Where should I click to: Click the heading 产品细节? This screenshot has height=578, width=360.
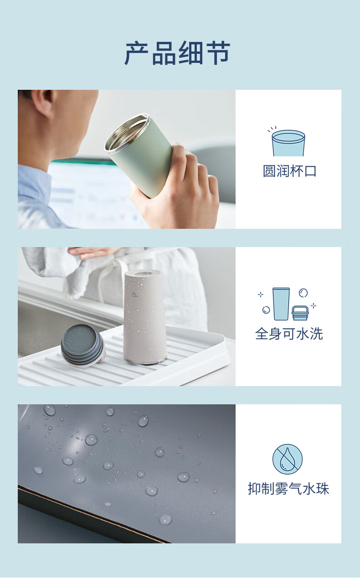[x=177, y=53]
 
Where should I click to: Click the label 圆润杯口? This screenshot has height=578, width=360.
[x=290, y=171]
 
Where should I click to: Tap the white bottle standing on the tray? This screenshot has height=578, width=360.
[x=144, y=316]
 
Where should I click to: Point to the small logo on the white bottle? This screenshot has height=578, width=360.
[x=134, y=294]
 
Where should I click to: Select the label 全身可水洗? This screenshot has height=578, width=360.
[x=289, y=334]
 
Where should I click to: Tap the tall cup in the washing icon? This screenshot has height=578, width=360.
[x=281, y=304]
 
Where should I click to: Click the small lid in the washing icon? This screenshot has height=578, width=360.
[x=300, y=313]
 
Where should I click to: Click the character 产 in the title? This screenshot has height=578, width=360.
[x=137, y=53]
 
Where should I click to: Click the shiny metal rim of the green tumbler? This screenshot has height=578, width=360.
[x=127, y=132]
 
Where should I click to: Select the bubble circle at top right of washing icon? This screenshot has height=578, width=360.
[x=303, y=293]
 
